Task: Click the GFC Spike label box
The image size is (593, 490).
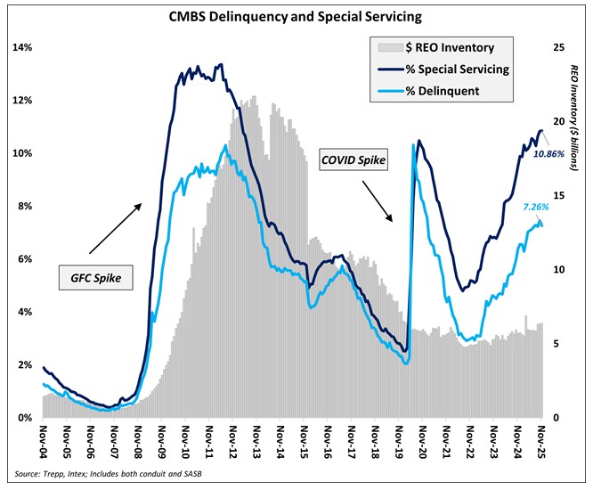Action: click(x=90, y=278)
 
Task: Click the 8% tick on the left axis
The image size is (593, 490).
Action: click(x=23, y=206)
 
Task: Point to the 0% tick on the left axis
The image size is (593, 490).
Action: click(x=23, y=417)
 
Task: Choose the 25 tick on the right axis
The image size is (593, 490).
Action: click(x=557, y=47)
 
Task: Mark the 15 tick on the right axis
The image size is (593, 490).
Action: click(x=557, y=195)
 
